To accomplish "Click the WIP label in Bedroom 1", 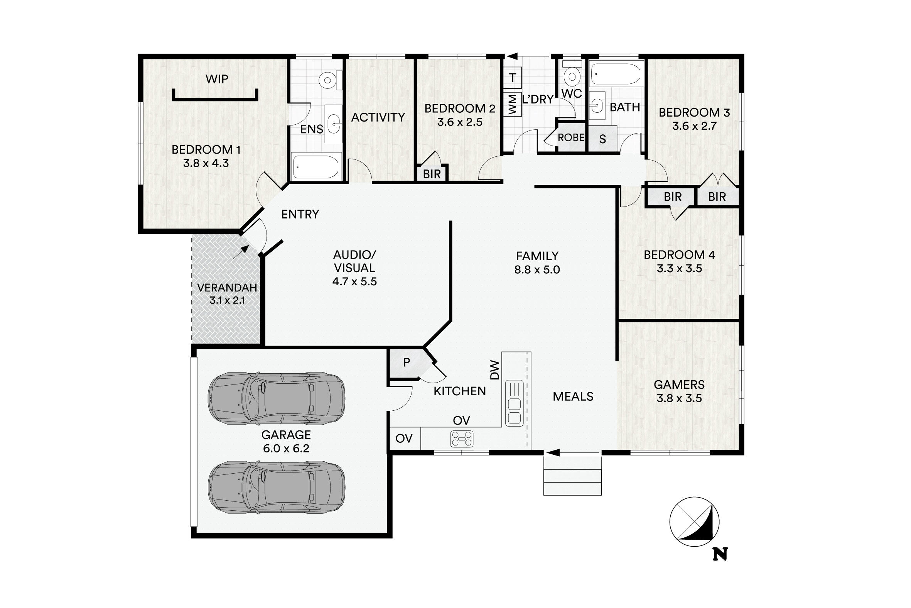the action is (x=217, y=79).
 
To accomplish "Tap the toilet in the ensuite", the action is (x=331, y=80).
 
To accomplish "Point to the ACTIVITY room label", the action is (x=378, y=117).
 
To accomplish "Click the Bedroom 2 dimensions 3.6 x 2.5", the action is (x=460, y=122).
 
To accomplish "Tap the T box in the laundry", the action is (x=513, y=78).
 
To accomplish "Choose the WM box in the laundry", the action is (x=513, y=104).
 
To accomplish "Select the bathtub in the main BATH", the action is (x=616, y=74).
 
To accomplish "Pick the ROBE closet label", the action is (x=571, y=138).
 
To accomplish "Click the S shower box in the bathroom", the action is (x=602, y=139).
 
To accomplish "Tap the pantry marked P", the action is (x=406, y=362).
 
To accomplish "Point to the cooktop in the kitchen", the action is (x=462, y=439).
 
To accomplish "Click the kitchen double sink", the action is (x=515, y=403).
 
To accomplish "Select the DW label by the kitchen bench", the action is (x=495, y=370).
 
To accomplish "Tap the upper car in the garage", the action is (x=277, y=398).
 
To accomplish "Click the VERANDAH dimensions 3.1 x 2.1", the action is (x=227, y=300).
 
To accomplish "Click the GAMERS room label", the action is (x=679, y=384).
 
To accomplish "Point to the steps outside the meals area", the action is (x=572, y=476).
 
